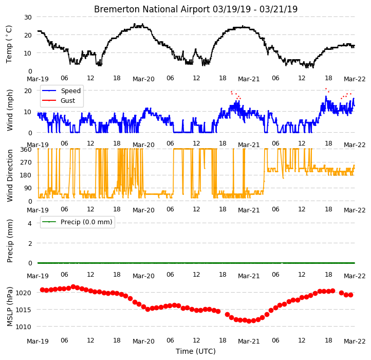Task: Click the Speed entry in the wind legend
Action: [x=71, y=91]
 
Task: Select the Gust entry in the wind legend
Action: [x=68, y=100]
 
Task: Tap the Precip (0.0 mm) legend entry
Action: [x=86, y=222]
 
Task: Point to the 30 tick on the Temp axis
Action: [x=28, y=17]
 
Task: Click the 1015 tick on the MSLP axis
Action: [x=23, y=310]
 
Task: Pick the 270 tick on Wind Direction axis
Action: [x=26, y=163]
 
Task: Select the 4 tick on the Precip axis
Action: [x=30, y=223]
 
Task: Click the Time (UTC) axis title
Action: [x=196, y=351]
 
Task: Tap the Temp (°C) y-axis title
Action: [x=9, y=44]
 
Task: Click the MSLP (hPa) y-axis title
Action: [x=9, y=307]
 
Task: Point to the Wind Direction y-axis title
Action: [x=9, y=175]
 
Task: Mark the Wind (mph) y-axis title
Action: [x=9, y=110]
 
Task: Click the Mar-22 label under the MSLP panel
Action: [x=355, y=341]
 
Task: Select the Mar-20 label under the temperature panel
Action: [x=143, y=79]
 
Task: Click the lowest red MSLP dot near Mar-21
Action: [x=249, y=321]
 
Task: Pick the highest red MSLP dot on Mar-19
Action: [x=73, y=287]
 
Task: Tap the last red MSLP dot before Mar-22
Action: [x=350, y=295]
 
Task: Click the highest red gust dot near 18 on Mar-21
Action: [x=326, y=88]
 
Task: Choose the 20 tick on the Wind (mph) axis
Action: [x=28, y=91]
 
